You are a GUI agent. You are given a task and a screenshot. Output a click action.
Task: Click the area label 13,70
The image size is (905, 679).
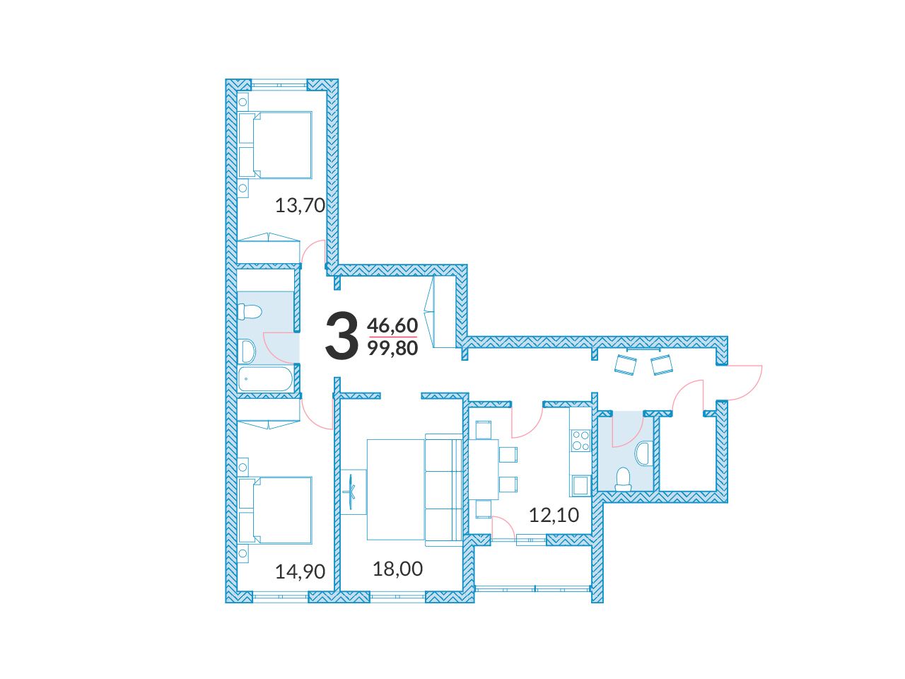[x=300, y=205]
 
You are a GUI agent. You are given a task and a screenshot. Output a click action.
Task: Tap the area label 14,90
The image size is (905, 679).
[x=300, y=571]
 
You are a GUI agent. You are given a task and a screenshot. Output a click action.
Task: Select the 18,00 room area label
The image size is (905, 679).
[x=397, y=569]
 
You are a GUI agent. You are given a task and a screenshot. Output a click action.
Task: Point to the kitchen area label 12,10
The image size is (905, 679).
[x=554, y=515]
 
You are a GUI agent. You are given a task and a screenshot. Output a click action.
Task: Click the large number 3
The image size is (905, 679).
[x=341, y=335]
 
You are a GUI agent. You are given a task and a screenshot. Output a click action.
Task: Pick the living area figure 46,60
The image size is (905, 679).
[x=392, y=325]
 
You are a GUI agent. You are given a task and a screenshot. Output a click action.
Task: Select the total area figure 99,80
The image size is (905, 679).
[x=392, y=349]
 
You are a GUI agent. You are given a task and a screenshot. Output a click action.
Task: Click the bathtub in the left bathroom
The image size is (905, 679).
[x=266, y=378]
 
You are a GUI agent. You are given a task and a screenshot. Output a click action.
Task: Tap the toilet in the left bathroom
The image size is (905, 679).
[x=250, y=312]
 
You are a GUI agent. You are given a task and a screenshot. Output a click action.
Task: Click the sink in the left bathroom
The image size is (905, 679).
[x=247, y=351]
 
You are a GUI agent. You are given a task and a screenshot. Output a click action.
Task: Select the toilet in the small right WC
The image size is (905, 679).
[x=623, y=480]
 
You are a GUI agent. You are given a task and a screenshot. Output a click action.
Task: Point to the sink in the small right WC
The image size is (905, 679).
[x=643, y=453]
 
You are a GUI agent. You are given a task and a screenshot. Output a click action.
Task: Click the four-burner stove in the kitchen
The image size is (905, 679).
[x=580, y=440]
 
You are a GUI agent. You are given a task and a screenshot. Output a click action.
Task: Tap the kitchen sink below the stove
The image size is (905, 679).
[x=580, y=485]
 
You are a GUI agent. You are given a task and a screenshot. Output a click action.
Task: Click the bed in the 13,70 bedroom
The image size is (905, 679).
[x=275, y=145]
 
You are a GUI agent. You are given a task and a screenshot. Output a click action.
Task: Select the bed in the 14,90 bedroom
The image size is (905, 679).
[x=275, y=510]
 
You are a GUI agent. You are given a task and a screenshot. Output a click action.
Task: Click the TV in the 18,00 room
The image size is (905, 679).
[x=351, y=492]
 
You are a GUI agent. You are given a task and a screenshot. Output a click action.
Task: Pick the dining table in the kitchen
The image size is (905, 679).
[x=484, y=470]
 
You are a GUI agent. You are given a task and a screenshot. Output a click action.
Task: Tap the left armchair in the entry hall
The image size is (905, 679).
[x=626, y=365]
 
